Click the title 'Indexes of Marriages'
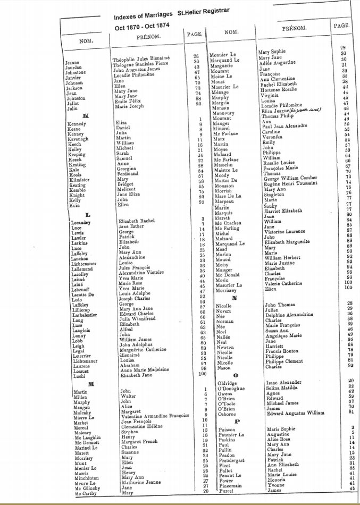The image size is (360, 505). [x=144, y=16]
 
